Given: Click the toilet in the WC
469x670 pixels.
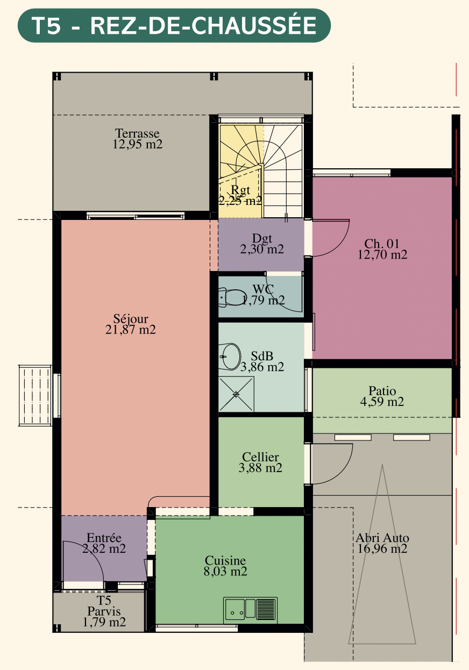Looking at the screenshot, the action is (232, 297).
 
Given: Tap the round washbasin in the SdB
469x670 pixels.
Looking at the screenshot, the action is (230, 356).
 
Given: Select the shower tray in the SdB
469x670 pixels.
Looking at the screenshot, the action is (236, 394).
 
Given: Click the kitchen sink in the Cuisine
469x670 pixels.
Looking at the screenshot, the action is (250, 610).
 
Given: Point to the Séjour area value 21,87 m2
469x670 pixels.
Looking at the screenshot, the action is (130, 329).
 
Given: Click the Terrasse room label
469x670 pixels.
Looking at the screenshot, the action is (137, 133).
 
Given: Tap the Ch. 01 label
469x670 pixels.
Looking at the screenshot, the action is (382, 244).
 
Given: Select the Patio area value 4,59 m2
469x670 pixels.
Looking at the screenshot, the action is (382, 401).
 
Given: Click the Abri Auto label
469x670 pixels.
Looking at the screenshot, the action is (382, 538).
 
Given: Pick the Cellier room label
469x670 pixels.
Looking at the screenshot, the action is (260, 457).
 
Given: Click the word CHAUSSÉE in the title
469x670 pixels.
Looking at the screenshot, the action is (254, 26).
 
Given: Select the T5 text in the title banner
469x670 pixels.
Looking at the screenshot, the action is (46, 26).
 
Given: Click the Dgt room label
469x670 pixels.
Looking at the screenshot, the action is (262, 238).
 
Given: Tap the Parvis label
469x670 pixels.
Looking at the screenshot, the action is (104, 611).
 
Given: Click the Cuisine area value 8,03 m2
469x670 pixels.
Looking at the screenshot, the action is (225, 571).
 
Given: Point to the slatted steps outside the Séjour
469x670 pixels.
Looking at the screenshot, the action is (35, 395).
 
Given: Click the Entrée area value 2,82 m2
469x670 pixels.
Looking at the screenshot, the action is (104, 548).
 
